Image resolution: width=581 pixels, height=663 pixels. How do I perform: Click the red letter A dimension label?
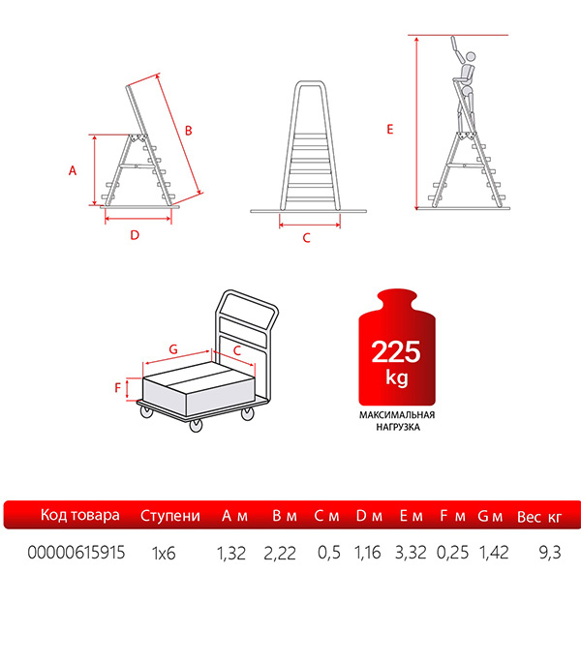(x=73, y=170)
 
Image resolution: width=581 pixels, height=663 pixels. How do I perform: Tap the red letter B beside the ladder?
(x=189, y=131)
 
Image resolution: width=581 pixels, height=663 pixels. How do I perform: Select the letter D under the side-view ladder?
(x=135, y=235)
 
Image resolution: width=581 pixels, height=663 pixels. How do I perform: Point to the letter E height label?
(x=389, y=130)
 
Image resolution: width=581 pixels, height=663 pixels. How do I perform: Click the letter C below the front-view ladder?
(x=307, y=238)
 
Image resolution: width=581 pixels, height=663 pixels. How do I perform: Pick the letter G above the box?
(x=173, y=349)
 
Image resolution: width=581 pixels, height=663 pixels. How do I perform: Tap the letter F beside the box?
(x=117, y=387)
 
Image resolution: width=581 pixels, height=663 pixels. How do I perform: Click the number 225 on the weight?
(x=396, y=351)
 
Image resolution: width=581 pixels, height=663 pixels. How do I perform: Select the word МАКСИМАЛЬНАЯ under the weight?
(x=397, y=415)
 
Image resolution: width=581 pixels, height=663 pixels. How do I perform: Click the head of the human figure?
(x=471, y=56)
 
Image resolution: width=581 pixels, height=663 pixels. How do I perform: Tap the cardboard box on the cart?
(x=199, y=388)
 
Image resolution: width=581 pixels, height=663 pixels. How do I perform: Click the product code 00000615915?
(x=76, y=553)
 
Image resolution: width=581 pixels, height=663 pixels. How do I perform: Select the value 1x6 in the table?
(x=164, y=553)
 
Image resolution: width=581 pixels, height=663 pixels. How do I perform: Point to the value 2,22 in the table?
(x=280, y=553)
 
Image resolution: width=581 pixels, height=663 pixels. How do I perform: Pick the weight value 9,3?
(x=550, y=553)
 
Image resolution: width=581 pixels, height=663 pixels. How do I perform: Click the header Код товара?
(x=80, y=515)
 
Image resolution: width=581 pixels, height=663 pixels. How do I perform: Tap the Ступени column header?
(x=170, y=516)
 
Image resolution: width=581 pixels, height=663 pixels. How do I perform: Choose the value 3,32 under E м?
(x=411, y=553)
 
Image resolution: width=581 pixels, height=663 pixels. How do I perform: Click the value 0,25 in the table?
(x=453, y=553)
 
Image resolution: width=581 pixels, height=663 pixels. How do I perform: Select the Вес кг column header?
(x=539, y=517)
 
